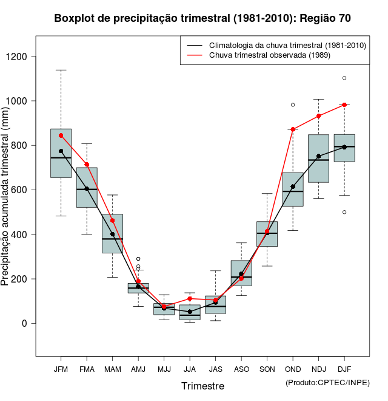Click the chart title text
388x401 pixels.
pos(202,18)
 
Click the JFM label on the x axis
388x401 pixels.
pos(61,369)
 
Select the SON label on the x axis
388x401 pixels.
pos(267,369)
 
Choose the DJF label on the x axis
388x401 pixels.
pos(344,369)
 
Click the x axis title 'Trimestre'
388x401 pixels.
pos(202,386)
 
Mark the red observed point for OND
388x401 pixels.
pos(293,129)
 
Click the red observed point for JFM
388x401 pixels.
pos(61,135)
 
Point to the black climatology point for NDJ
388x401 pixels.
pos(318,156)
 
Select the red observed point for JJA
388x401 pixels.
pos(190,298)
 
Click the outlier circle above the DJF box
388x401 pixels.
pos(344,78)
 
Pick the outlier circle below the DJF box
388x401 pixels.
pos(344,212)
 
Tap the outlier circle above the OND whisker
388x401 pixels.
pos(293,105)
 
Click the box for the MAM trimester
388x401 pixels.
pos(112,234)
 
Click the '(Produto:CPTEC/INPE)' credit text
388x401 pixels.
pos(327,382)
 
